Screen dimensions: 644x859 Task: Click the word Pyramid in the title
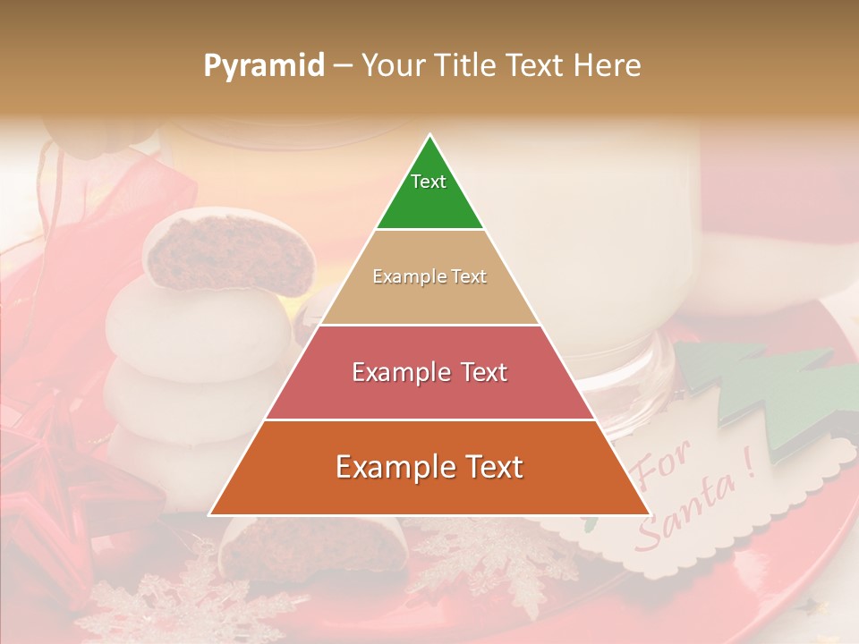[x=263, y=66]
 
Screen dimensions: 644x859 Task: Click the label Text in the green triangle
[x=429, y=182]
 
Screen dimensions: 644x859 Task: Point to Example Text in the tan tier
[x=429, y=276]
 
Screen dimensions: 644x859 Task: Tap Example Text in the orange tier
[x=429, y=467]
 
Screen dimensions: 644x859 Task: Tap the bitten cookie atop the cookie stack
[x=233, y=255]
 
